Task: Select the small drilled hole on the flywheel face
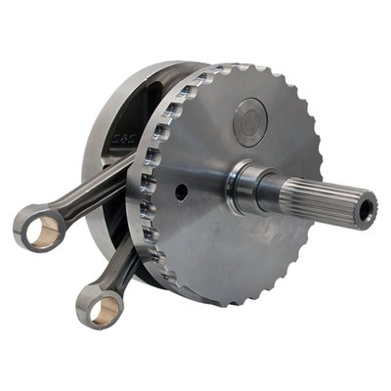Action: pyautogui.click(x=182, y=193)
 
